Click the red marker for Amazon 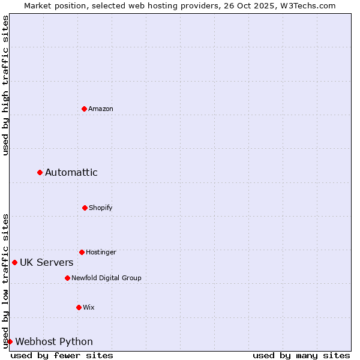click(84, 109)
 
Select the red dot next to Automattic click(40, 172)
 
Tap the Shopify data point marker click(85, 208)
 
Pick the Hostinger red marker click(82, 252)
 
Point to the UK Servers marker click(14, 262)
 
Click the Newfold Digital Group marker click(67, 278)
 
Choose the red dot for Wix click(79, 307)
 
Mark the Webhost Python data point click(10, 341)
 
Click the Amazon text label click(101, 109)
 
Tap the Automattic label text click(71, 173)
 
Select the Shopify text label click(101, 208)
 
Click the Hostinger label click(101, 252)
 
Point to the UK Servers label click(47, 263)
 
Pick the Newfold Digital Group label click(107, 278)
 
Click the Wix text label click(89, 307)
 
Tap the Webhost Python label click(54, 342)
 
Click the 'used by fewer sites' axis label click(62, 355)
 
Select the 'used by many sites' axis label click(301, 355)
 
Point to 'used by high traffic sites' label click(5, 85)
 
